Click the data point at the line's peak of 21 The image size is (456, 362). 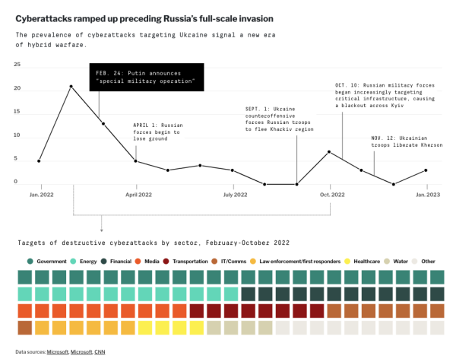click(x=71, y=87)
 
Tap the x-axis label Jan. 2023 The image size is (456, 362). click(x=426, y=195)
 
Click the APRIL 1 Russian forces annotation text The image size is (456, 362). click(x=157, y=131)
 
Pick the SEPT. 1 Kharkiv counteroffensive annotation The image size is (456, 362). click(x=278, y=119)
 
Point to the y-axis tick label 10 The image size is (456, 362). click(x=17, y=135)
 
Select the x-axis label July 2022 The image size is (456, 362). click(x=235, y=195)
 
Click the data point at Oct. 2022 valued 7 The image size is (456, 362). click(x=329, y=152)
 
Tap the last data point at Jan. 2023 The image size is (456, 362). click(x=426, y=170)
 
